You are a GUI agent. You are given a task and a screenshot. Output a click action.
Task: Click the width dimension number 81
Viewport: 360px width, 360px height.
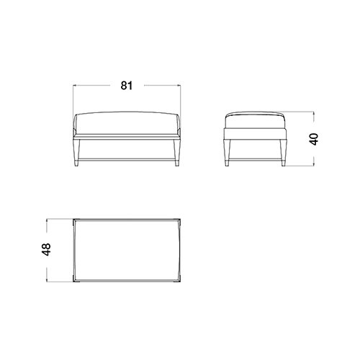(x=127, y=86)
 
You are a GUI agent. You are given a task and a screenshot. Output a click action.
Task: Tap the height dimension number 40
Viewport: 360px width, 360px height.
(x=314, y=139)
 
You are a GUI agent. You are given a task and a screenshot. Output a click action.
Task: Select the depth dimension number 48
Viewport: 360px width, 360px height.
(x=46, y=249)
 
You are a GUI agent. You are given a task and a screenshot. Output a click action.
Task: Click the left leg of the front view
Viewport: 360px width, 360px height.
(x=76, y=153)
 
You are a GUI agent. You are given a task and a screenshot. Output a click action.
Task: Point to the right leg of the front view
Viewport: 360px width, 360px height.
(x=176, y=153)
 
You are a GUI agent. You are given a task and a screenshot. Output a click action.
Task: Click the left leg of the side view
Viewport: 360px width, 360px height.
(x=228, y=153)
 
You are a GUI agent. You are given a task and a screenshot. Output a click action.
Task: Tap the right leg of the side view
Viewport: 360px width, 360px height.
(x=283, y=153)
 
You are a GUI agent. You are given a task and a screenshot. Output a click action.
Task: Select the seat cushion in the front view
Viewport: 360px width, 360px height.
(x=127, y=123)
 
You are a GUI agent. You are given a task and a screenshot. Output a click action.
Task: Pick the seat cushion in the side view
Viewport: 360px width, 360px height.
(x=255, y=120)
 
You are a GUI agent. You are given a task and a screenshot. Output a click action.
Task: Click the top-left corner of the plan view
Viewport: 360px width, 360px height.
(x=73, y=219)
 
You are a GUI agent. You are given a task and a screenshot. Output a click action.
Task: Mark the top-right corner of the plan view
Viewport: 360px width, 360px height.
(x=180, y=219)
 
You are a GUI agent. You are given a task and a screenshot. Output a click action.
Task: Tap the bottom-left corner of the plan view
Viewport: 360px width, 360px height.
(x=73, y=282)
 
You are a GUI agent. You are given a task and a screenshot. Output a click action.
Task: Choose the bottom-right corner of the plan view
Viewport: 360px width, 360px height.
(x=180, y=282)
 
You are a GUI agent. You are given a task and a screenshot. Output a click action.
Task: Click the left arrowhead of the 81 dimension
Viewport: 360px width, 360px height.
(x=75, y=85)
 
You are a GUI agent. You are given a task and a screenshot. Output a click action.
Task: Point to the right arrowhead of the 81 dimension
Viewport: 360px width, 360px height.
(x=179, y=85)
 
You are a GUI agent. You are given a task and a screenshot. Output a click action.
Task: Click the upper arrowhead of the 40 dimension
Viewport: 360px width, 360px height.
(x=313, y=113)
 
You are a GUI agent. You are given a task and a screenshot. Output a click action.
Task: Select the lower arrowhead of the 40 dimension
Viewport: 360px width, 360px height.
(x=313, y=164)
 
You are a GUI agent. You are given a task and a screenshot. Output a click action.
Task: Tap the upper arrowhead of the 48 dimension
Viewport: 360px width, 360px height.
(x=47, y=220)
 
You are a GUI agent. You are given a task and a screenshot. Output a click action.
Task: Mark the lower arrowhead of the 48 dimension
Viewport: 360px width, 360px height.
(x=47, y=279)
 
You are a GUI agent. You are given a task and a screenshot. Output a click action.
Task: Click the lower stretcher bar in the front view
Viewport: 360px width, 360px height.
(x=127, y=159)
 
